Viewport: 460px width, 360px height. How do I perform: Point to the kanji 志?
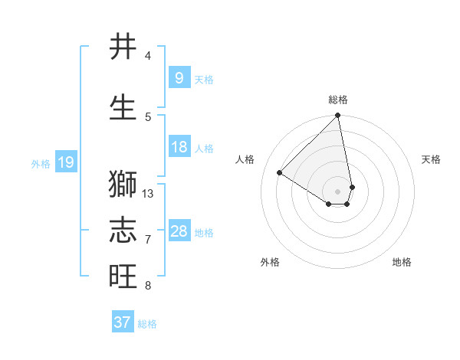pyautogui.click(x=123, y=231)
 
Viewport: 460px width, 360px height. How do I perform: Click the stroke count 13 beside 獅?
pyautogui.click(x=148, y=194)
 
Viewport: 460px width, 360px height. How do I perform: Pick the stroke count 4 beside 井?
pyautogui.click(x=148, y=56)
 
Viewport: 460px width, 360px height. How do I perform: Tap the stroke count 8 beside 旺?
pyautogui.click(x=148, y=286)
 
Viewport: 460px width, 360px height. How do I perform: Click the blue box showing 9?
pyautogui.click(x=179, y=77)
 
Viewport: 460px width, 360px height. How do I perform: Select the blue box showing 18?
pyautogui.click(x=179, y=147)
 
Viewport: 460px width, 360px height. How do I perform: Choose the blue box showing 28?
pyautogui.click(x=179, y=231)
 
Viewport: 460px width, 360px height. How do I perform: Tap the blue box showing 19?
pyautogui.click(x=65, y=162)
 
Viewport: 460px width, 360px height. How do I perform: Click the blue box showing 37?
pyautogui.click(x=122, y=322)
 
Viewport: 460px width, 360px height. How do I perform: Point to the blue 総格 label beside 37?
pyautogui.click(x=147, y=324)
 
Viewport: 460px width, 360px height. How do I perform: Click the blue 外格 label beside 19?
pyautogui.click(x=41, y=163)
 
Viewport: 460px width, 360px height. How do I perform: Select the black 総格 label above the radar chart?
pyautogui.click(x=338, y=100)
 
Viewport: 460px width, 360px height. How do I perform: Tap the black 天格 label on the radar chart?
pyautogui.click(x=432, y=159)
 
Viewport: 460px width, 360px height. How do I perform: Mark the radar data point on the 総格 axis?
pyautogui.click(x=337, y=116)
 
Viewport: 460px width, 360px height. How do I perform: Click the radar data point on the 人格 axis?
pyautogui.click(x=280, y=172)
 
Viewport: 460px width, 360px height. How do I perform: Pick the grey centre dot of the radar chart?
pyautogui.click(x=337, y=191)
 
